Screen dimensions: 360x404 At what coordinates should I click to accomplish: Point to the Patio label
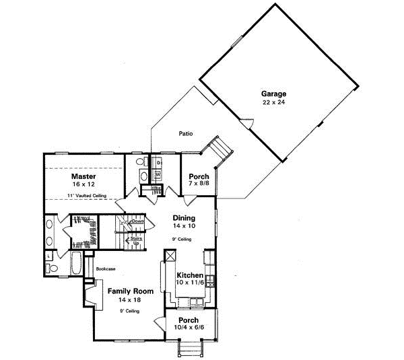[x=186, y=133]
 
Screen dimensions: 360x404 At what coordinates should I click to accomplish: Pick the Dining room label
[x=184, y=218]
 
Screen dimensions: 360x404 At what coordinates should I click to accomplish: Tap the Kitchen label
[x=190, y=276]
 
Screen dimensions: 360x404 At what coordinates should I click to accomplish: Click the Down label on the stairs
[x=138, y=221]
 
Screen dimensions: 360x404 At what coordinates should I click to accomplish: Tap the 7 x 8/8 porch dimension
[x=198, y=182]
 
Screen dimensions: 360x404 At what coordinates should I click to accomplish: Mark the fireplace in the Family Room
[x=90, y=296]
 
